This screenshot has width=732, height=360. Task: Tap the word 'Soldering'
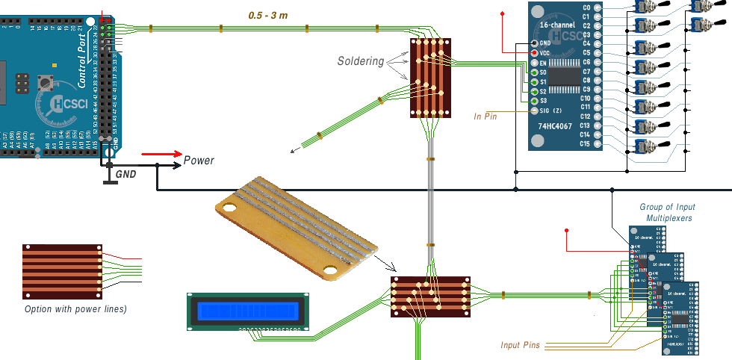(x=360, y=60)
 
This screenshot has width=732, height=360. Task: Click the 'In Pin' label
(x=486, y=116)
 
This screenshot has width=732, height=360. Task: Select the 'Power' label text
(x=199, y=161)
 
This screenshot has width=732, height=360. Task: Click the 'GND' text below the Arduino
(x=126, y=174)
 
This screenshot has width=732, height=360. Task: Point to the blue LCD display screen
(x=247, y=310)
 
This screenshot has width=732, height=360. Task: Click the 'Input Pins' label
(x=521, y=345)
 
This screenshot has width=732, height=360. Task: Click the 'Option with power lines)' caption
(x=75, y=308)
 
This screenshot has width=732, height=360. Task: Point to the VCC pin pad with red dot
(x=534, y=54)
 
